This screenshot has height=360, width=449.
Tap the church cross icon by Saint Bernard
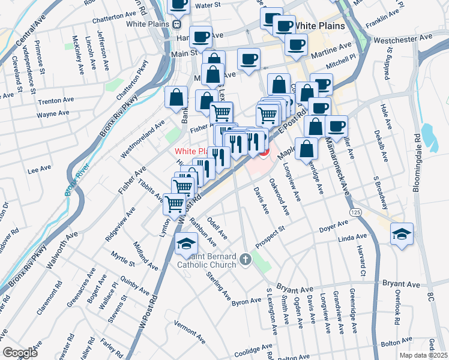pos(244,260)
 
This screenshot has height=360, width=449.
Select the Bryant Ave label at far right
pos(400,282)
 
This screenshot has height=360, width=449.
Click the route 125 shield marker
pos(355,213)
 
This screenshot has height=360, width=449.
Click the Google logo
pos(20,353)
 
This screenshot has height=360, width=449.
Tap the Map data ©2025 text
pos(423,355)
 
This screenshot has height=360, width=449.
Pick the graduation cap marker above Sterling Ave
pos(186,243)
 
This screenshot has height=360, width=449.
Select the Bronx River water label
pos(77,180)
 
